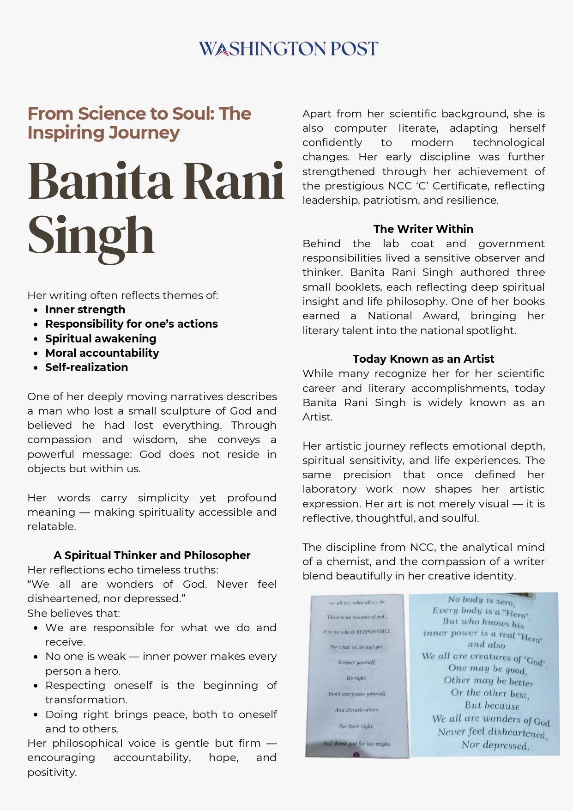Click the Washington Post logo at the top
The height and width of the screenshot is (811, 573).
coord(288,49)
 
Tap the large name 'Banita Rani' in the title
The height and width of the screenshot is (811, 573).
coord(156,181)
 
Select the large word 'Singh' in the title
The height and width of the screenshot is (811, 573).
coord(91,235)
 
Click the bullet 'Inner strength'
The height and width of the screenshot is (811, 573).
coord(85,310)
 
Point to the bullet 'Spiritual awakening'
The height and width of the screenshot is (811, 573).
coord(101,339)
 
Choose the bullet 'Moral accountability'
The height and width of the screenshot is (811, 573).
coord(102,353)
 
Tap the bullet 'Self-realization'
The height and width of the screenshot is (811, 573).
coord(86,367)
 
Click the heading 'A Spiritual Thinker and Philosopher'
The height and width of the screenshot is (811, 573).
coord(152,555)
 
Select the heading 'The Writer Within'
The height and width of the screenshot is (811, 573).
coord(423,229)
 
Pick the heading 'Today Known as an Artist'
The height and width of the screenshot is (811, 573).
coord(423,359)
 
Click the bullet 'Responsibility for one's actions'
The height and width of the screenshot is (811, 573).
coord(132,324)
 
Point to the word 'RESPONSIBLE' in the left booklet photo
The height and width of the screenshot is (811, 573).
coord(373,631)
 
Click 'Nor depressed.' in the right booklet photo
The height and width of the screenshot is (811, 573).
coord(495,745)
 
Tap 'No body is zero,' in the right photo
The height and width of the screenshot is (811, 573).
coord(481,600)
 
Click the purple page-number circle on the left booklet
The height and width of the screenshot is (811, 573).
coord(356,755)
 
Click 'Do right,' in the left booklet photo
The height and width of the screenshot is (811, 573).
coord(356,678)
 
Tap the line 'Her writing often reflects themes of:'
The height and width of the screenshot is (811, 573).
coord(123,295)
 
